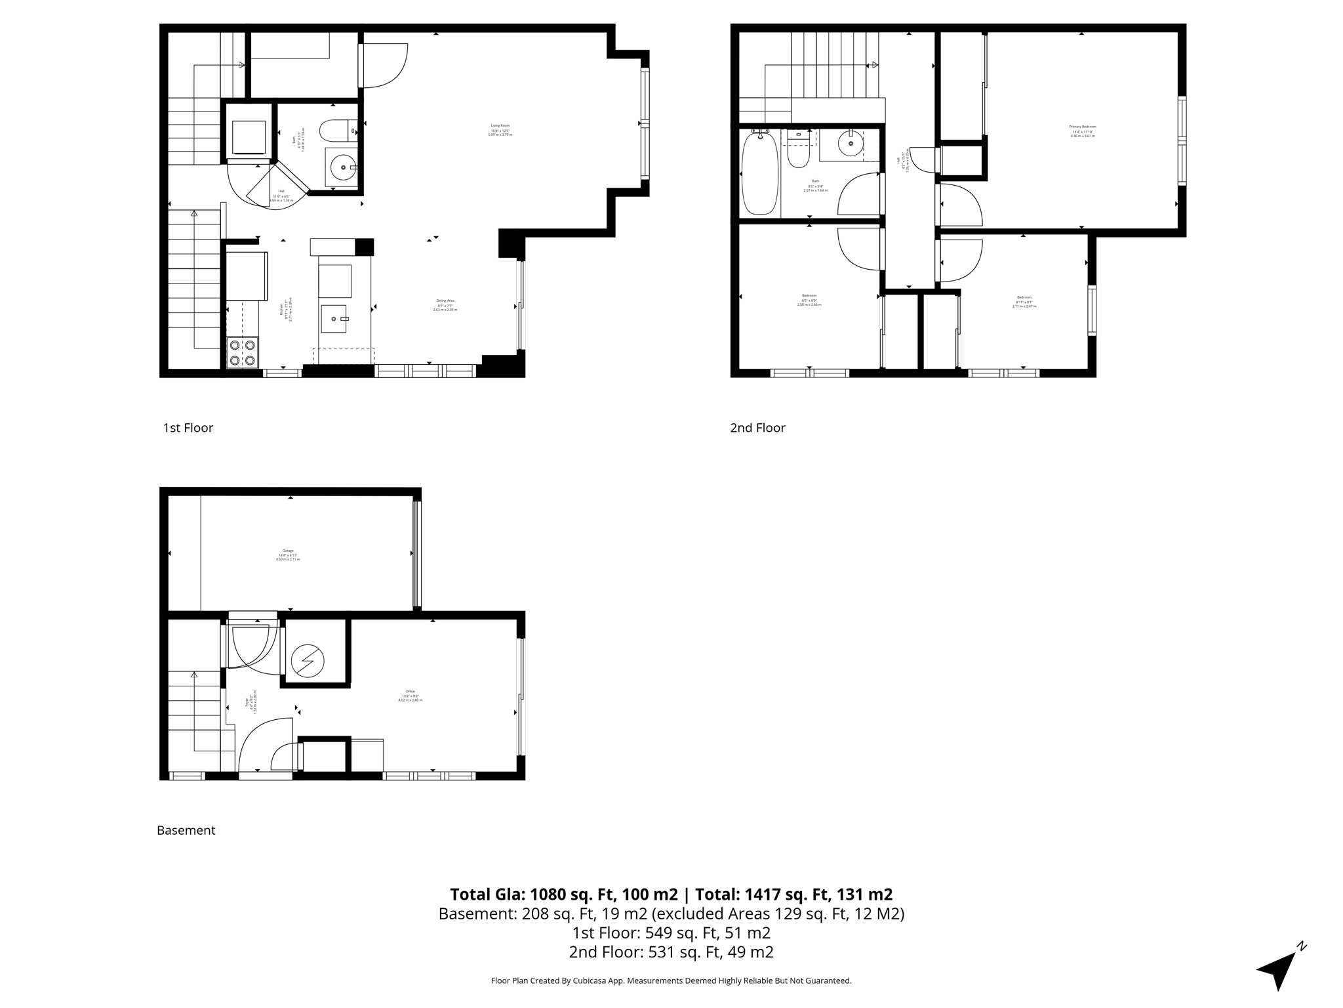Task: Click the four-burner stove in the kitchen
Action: pos(241,352)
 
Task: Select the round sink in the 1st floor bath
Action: pos(342,167)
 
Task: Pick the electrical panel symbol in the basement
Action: pos(308,661)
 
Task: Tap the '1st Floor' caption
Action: pos(188,428)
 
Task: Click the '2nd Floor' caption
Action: pos(757,428)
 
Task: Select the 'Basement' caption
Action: pos(186,830)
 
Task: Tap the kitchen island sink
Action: pos(334,319)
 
